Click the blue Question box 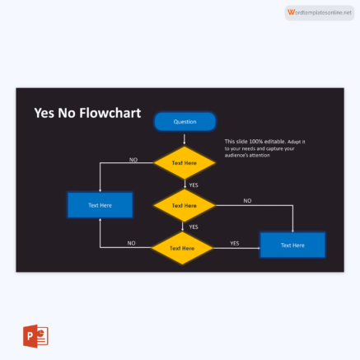pos(185,122)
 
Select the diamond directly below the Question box pos(185,163)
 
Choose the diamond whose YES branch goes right pos(183,247)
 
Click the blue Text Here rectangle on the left pos(100,205)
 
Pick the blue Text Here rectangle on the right pos(292,245)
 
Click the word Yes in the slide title pos(44,114)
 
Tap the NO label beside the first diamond pos(133,159)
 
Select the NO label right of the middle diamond pos(247,200)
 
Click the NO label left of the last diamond pos(131,243)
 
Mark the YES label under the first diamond pos(193,185)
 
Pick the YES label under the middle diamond pos(194,227)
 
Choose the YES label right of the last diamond pos(234,243)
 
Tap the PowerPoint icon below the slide pos(35,337)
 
